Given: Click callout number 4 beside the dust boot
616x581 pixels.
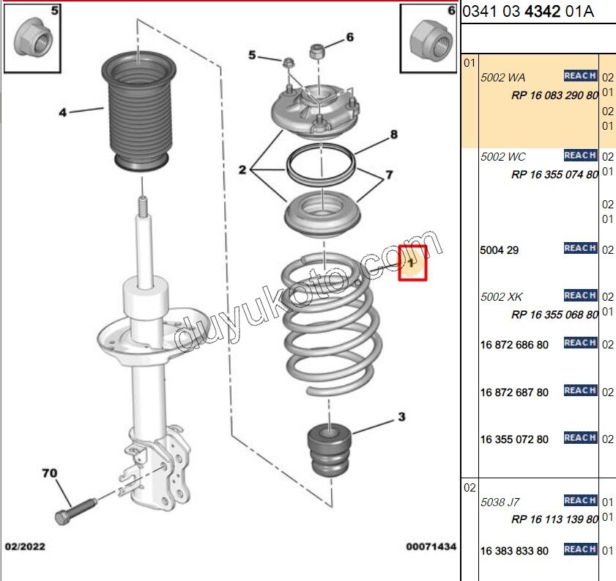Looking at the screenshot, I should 63,112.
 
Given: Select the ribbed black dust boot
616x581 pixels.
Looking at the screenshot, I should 137,110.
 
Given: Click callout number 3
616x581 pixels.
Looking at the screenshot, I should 401,417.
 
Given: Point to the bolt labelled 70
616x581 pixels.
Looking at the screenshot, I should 75,508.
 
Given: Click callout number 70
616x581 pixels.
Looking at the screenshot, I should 50,473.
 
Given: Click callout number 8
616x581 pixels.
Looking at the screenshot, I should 393,134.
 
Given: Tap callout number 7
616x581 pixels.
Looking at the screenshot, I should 389,175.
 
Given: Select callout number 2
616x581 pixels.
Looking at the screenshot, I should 242,170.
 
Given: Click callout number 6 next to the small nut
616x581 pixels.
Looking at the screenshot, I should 349,37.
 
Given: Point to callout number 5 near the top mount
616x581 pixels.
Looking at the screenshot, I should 253,55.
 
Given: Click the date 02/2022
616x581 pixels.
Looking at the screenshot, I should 25,547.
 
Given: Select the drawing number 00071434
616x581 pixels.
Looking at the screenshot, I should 431,547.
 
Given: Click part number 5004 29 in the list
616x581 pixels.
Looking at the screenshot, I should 500,250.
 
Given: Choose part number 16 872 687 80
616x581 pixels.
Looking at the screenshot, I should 514,392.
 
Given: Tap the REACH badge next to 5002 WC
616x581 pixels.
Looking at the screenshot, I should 580,156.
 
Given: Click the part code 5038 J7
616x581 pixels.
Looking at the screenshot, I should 500,503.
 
